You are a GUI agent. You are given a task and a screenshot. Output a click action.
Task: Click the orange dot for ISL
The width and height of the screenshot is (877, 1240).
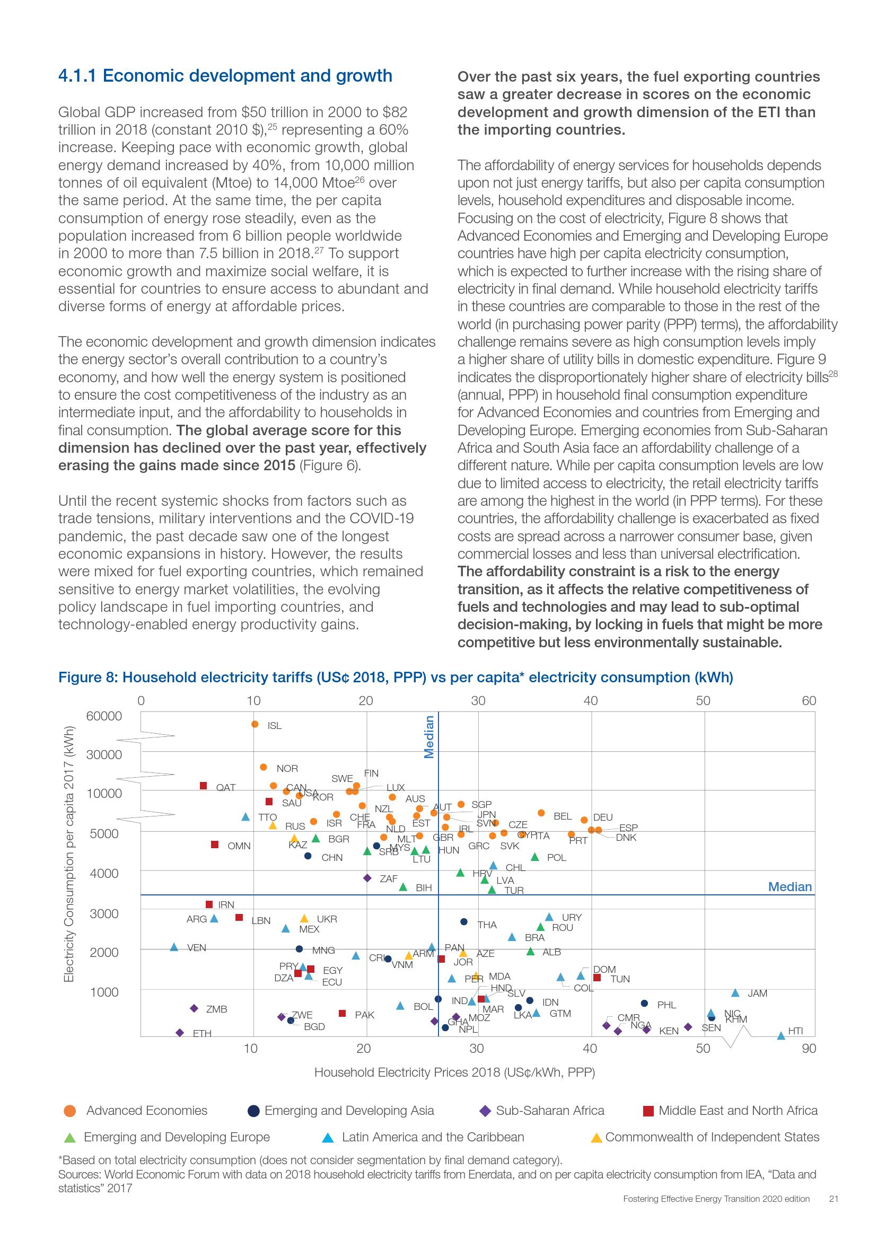point(255,724)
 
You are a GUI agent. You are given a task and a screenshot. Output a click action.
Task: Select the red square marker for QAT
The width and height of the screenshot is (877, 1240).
point(204,786)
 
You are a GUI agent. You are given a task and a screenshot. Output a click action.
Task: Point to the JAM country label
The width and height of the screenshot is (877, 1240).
point(757,993)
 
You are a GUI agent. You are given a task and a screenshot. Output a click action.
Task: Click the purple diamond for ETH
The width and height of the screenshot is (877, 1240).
point(180,1033)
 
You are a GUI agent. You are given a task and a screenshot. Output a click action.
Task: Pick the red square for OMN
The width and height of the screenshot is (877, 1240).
point(214,844)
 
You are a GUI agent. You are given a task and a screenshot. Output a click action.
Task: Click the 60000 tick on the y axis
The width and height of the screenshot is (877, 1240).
point(104,716)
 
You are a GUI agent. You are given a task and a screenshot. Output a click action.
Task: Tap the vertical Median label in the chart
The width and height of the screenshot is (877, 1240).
point(429,737)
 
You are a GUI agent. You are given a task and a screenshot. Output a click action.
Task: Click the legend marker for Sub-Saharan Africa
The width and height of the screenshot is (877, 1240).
point(486,1111)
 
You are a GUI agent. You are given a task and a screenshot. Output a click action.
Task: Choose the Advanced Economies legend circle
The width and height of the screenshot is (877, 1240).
point(69,1111)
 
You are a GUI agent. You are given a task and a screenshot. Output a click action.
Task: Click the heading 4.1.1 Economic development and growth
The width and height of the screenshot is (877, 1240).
point(225,76)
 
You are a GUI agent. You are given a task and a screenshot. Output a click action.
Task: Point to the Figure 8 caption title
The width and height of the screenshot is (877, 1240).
point(396,677)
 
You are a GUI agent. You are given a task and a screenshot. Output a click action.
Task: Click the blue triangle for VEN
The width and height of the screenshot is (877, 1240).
point(174,947)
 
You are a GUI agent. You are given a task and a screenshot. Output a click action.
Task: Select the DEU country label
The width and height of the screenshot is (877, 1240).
point(603,817)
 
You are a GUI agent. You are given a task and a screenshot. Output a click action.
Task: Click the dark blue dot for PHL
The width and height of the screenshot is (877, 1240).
point(644,1004)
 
